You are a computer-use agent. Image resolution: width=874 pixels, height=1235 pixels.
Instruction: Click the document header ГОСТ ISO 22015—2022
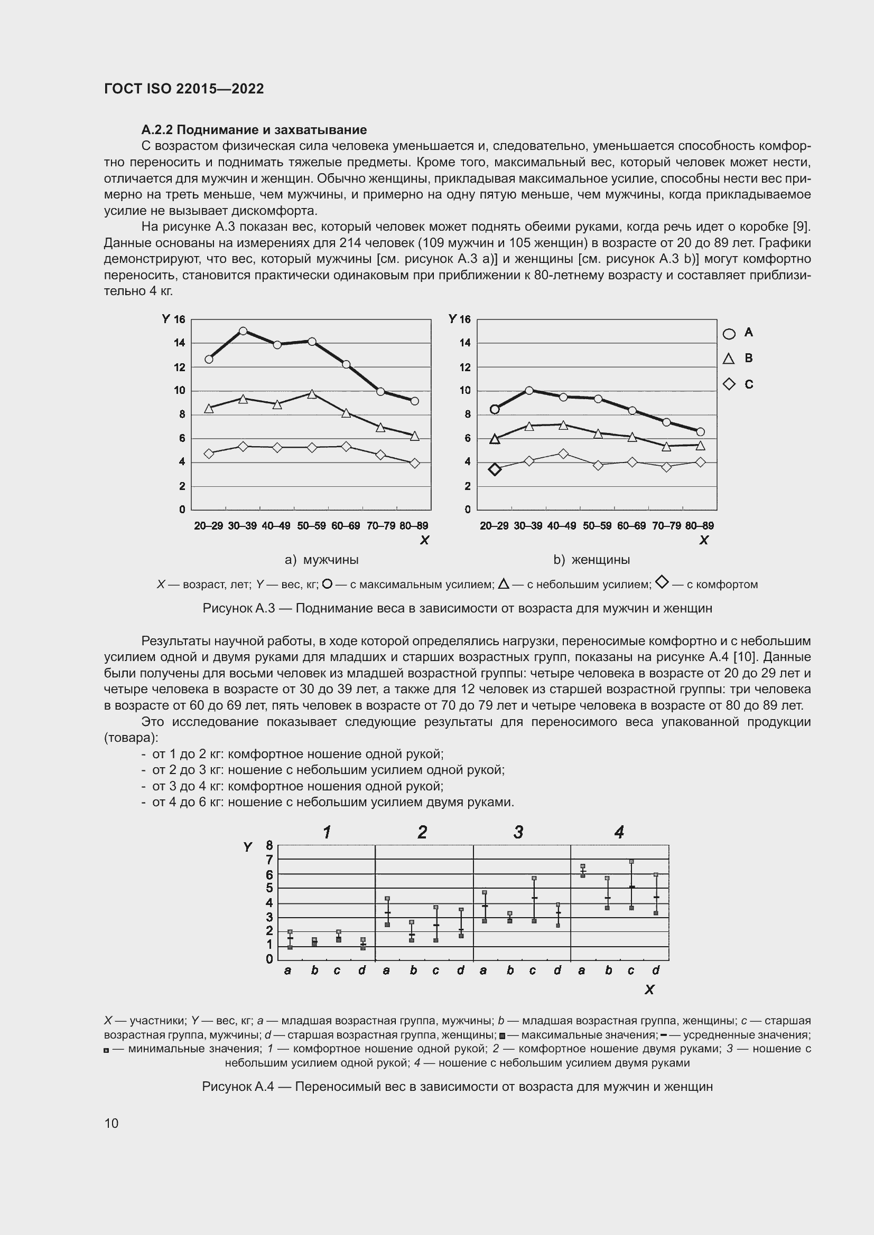click(184, 89)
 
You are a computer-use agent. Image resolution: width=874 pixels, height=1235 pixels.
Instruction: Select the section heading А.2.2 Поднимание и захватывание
click(254, 130)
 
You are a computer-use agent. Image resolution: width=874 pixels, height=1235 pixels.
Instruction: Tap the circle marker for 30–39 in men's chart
click(243, 331)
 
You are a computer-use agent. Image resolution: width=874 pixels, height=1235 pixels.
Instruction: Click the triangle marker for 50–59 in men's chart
click(312, 394)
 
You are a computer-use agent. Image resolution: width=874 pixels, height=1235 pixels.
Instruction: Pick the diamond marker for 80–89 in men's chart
click(414, 463)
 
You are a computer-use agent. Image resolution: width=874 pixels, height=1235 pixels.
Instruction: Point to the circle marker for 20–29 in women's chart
click(495, 409)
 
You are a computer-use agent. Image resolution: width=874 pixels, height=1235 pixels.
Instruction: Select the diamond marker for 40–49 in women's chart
click(563, 454)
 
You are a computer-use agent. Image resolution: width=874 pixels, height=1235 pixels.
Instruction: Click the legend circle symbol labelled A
click(729, 334)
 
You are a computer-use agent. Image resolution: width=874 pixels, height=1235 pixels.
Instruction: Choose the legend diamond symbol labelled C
click(729, 384)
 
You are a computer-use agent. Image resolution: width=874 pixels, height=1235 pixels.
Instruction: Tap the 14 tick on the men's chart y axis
click(179, 343)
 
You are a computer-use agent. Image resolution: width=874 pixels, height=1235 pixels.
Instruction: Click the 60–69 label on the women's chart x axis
click(631, 525)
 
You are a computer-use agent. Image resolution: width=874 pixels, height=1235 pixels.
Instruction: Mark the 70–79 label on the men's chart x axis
click(380, 525)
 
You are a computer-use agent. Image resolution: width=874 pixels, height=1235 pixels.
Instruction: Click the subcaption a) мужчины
click(322, 559)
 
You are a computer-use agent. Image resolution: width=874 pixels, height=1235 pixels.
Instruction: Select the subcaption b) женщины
click(592, 559)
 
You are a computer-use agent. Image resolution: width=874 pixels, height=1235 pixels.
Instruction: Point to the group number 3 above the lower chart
click(518, 833)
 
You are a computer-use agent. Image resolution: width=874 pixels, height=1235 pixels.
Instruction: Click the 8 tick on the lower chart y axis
click(269, 845)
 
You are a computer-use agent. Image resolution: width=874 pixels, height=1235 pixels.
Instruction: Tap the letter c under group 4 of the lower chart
click(631, 970)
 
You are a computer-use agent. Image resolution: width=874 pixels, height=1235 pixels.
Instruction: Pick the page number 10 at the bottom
click(111, 1123)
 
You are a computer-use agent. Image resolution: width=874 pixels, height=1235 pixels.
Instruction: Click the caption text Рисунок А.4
click(238, 1087)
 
